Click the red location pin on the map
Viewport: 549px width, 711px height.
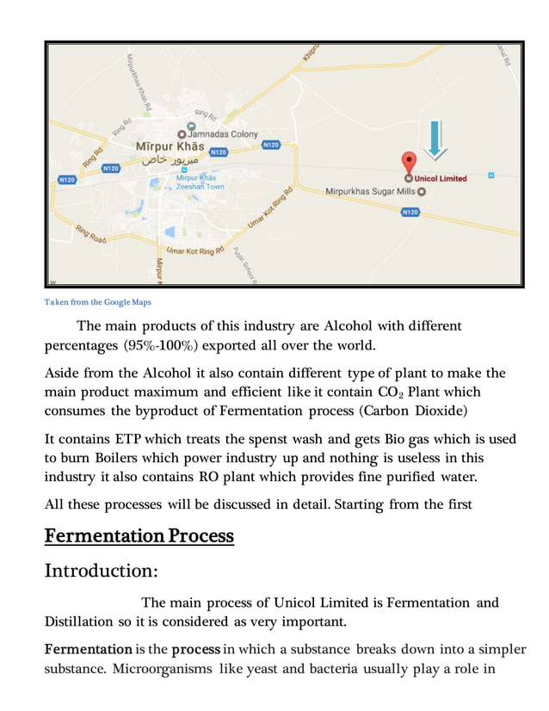pyautogui.click(x=410, y=163)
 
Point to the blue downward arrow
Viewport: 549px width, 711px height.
pyautogui.click(x=435, y=139)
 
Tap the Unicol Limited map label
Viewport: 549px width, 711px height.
pyautogui.click(x=440, y=178)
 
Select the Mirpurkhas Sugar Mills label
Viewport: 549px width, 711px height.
pyautogui.click(x=370, y=191)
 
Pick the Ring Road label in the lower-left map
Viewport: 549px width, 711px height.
pyautogui.click(x=91, y=233)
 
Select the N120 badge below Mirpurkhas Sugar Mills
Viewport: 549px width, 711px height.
pyautogui.click(x=410, y=212)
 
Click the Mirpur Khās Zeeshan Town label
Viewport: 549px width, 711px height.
pyautogui.click(x=199, y=182)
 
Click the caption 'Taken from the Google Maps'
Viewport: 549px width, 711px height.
pyautogui.click(x=97, y=301)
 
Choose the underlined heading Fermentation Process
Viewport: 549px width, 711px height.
pyautogui.click(x=139, y=535)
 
